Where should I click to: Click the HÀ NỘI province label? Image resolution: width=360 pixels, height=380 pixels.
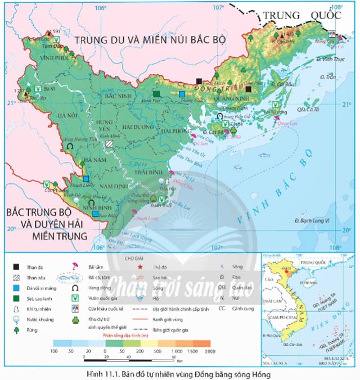60,116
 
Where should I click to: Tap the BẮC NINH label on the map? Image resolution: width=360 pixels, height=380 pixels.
110,97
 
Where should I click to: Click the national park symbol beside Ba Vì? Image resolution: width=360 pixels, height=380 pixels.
38,88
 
